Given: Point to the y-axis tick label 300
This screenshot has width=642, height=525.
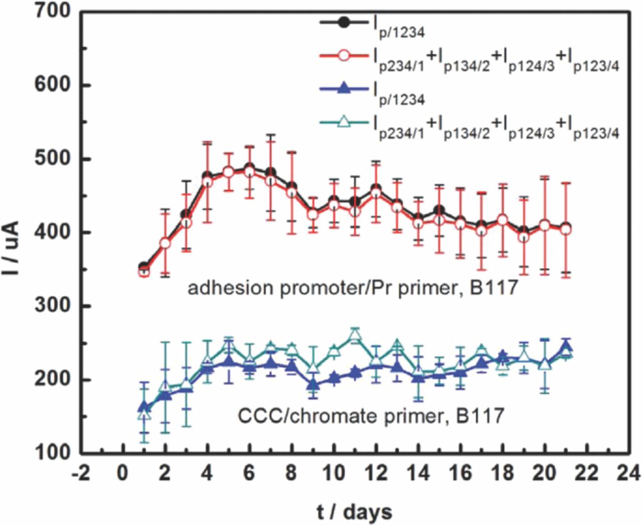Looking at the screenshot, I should coord(53,306).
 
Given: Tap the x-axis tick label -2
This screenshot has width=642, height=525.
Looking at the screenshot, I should coord(80,472).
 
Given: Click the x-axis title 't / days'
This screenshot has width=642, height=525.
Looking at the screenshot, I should coord(354,511).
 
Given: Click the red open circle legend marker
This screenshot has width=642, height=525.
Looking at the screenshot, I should coord(344,56).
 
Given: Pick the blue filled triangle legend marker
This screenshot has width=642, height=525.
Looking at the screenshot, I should coord(344,89).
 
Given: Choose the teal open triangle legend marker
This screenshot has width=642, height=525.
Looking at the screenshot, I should coord(344,121).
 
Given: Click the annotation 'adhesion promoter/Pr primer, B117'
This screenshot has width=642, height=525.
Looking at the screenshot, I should coord(352,288).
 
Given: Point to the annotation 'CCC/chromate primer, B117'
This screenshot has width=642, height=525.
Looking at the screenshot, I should coord(371,416).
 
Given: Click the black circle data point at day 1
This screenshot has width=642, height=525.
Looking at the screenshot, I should coord(144,268).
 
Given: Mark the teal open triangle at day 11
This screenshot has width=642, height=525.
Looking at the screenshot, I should coord(355,336).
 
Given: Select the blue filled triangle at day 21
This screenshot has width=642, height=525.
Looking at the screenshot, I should coord(566,347).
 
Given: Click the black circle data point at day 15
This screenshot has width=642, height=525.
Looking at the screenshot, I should coord(439,210).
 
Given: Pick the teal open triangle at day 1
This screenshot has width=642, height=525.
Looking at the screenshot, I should coord(144,414).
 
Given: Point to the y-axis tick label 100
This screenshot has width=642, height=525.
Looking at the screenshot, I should coord(53,452).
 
